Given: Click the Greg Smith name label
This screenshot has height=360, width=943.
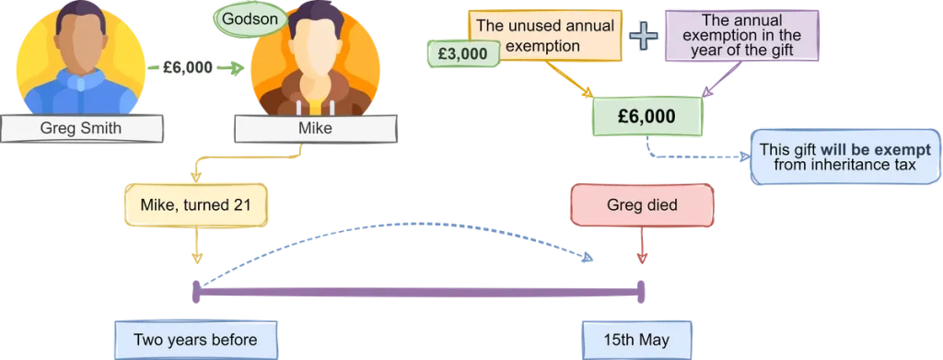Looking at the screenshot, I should pos(80,129).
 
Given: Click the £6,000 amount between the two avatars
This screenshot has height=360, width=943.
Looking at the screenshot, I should pos(186,67).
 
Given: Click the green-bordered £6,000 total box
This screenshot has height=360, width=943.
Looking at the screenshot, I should pos(646,117).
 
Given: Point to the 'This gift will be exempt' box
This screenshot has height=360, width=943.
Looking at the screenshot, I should pos(844,157).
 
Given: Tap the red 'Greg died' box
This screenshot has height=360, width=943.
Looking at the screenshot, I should pos(642,204).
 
